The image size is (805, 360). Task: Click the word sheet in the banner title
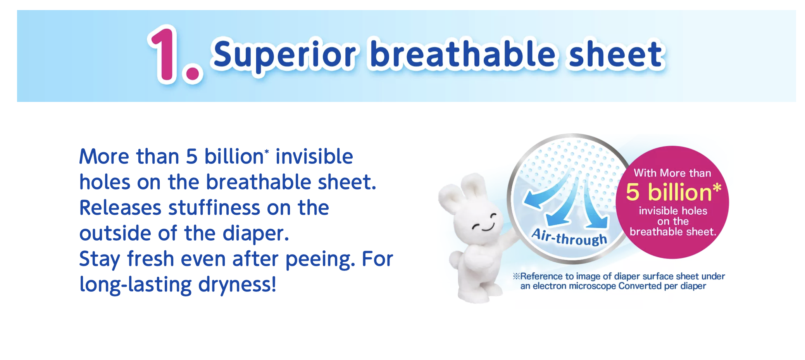[x=616, y=54]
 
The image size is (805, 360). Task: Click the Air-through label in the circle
[x=569, y=237]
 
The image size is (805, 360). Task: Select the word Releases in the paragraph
[x=120, y=208]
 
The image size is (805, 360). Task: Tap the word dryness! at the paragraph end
[x=237, y=285]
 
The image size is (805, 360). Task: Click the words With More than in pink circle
[x=672, y=173]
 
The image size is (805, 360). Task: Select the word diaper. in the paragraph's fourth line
[x=256, y=234]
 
